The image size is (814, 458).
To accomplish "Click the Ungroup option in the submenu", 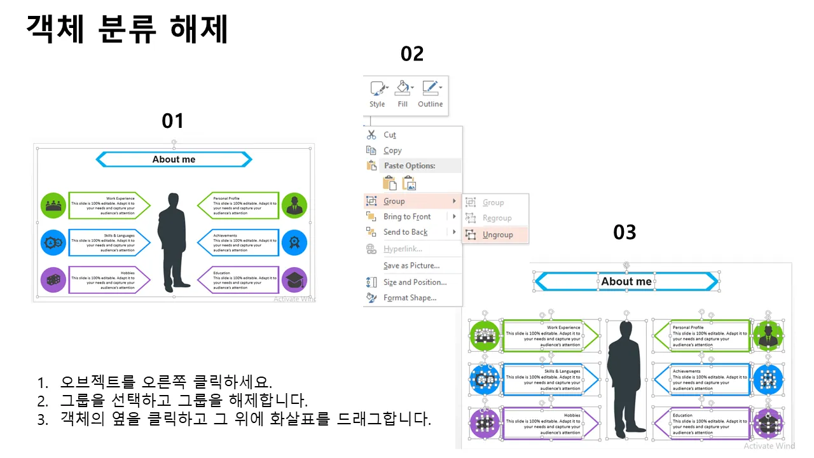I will click(497, 235).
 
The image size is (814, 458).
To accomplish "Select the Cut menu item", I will click(390, 135).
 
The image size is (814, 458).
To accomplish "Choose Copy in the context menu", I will click(392, 151).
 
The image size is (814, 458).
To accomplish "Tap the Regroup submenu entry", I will click(497, 218).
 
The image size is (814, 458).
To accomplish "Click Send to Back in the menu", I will click(405, 232).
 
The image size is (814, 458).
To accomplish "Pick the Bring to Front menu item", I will click(407, 217).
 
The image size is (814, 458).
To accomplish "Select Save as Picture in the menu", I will click(411, 266).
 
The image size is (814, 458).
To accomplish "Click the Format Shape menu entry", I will click(410, 298).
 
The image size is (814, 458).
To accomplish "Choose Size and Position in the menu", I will click(415, 282).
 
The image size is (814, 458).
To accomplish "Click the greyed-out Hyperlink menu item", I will click(403, 249).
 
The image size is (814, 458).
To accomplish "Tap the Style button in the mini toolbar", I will click(377, 94).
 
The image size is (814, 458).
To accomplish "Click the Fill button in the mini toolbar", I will click(403, 94).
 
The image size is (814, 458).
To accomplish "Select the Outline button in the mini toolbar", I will click(431, 94).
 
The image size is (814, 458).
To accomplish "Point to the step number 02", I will click(412, 54).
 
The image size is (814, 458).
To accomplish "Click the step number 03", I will click(624, 233).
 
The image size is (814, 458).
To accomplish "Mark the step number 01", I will click(173, 121).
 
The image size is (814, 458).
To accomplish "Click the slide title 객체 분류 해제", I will click(127, 29).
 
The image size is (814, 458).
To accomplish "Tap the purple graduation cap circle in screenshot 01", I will click(294, 280).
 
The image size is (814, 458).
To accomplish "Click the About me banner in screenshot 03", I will click(626, 281).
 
